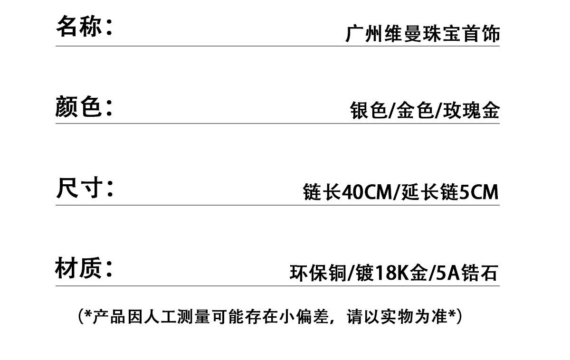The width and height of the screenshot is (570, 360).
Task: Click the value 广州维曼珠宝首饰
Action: [x=422, y=35]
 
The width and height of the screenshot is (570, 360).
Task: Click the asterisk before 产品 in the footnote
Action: [x=88, y=314]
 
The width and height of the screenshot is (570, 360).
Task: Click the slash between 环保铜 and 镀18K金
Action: [x=351, y=273]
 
